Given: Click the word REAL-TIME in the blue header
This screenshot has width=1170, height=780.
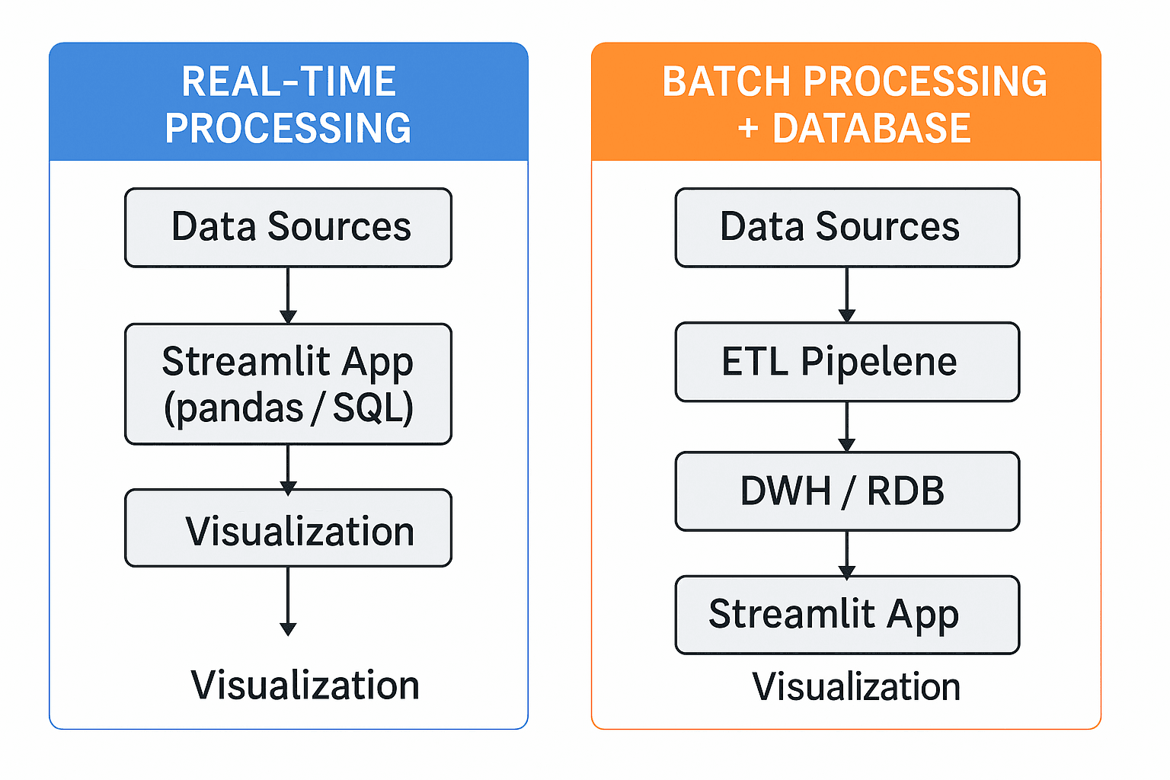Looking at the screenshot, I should click(x=289, y=82).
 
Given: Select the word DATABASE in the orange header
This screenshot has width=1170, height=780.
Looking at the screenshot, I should click(x=871, y=128).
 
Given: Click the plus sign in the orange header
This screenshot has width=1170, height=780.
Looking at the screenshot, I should click(x=748, y=129).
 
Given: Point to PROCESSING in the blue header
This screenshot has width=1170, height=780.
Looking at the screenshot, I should click(x=288, y=128).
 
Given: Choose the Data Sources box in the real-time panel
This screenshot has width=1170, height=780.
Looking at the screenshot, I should click(x=288, y=227).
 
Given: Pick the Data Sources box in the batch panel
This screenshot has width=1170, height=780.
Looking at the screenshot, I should click(x=847, y=227).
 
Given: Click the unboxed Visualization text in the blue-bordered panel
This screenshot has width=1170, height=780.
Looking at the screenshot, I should click(x=305, y=685).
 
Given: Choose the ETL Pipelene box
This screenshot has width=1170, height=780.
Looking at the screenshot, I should click(x=847, y=362).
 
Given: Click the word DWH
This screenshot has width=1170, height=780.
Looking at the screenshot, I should click(x=785, y=491).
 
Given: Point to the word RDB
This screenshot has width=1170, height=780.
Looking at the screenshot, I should click(x=905, y=491).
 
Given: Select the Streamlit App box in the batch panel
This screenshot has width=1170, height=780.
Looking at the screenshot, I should click(x=847, y=614).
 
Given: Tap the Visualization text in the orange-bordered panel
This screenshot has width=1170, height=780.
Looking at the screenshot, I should click(x=856, y=686).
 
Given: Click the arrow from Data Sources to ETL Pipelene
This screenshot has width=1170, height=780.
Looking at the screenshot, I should click(x=847, y=295).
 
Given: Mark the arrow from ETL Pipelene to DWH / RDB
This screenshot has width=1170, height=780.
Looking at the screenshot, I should click(x=847, y=427).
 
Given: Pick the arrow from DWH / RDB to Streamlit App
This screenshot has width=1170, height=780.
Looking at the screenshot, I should click(x=847, y=554).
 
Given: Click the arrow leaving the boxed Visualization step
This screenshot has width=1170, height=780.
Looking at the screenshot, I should click(x=288, y=602).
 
